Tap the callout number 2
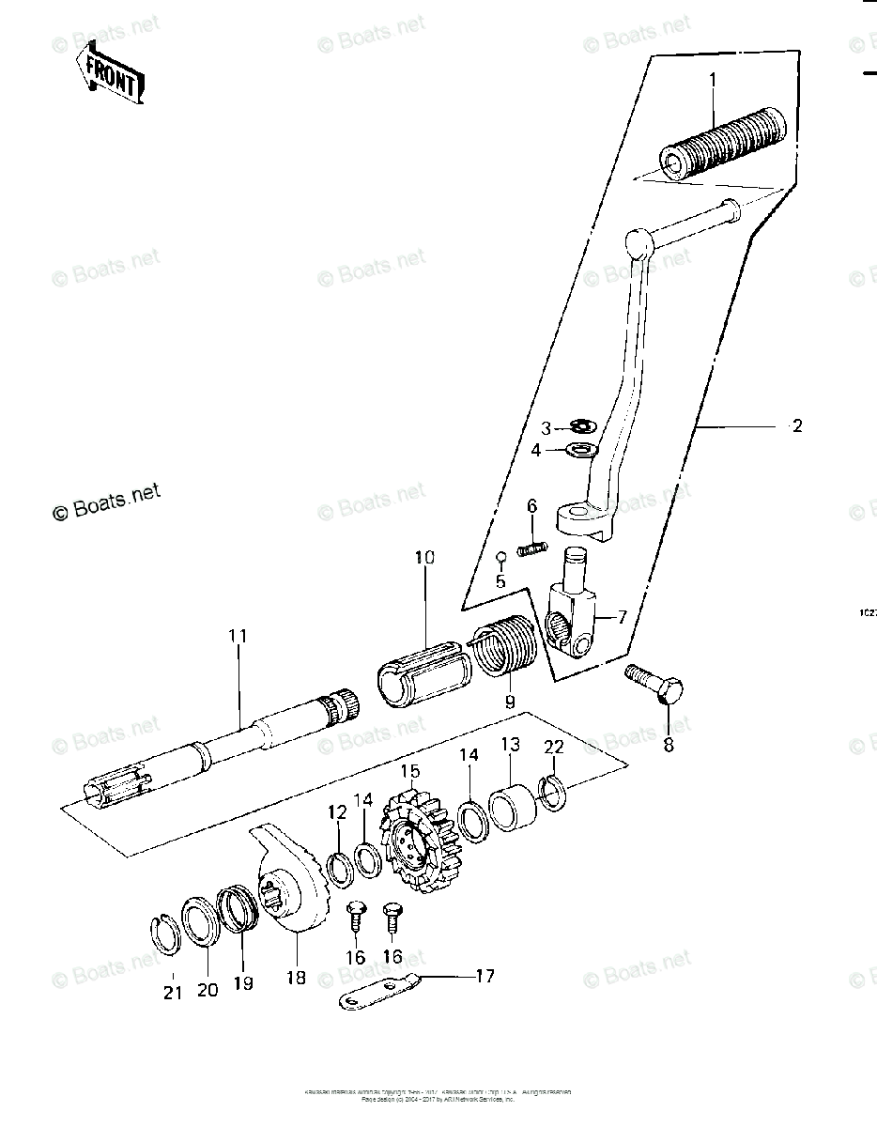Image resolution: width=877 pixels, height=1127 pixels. coord(797,425)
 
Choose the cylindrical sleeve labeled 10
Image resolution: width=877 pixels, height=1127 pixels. coord(419,665)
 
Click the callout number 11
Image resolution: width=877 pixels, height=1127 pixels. coord(238,636)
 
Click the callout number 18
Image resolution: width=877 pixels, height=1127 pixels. coord(295,978)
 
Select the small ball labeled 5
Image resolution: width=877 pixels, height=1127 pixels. coord(501,556)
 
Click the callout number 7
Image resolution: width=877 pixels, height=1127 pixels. coord(622,617)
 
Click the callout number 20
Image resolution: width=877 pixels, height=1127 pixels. coord(207,990)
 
